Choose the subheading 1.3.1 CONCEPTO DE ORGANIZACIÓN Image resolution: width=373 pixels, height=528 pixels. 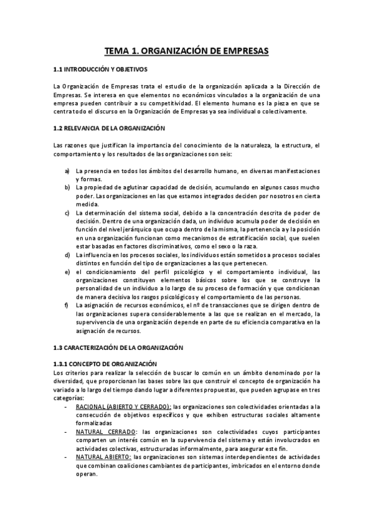(104, 364)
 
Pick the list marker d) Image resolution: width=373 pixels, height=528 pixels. (67, 256)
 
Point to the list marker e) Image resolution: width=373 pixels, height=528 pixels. (67, 271)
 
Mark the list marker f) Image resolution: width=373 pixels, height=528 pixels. (67, 305)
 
